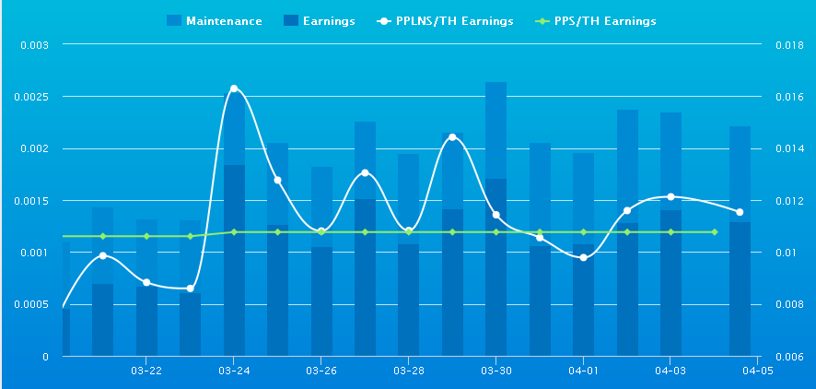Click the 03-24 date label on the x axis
coord(234,371)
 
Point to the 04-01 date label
coord(583,371)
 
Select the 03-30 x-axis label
coord(495,371)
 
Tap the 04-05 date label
coord(757,371)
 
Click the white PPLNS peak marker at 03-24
coord(234,88)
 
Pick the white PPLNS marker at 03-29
coord(452,137)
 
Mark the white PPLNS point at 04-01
coord(583,257)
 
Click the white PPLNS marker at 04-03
coord(670,196)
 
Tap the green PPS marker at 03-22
coord(146,236)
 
